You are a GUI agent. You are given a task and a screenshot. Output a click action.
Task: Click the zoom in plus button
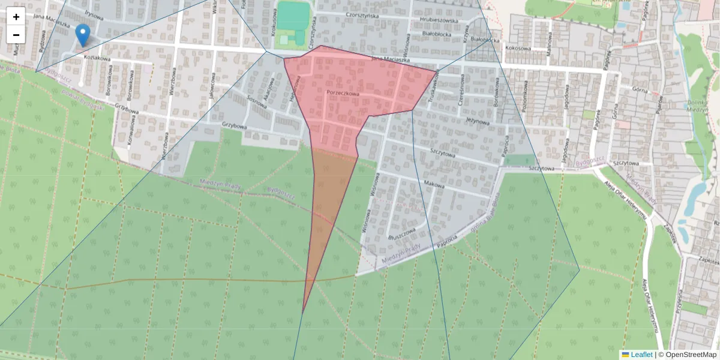pos(16,17)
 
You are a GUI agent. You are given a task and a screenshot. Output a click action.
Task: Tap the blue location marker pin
pos(83,35)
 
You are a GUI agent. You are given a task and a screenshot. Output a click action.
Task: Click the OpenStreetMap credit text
pos(691,355)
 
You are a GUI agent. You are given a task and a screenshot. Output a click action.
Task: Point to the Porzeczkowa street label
pos(343,94)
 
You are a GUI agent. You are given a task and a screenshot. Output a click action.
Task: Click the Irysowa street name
pos(94,13)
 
